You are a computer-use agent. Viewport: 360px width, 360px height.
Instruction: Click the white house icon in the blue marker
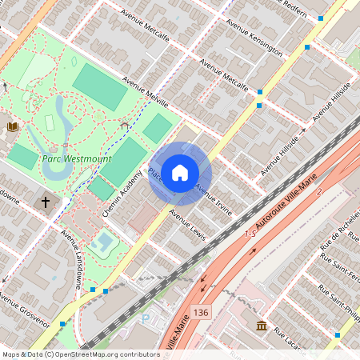(x=180, y=172)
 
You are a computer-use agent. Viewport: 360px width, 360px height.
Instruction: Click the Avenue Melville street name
(x=146, y=92)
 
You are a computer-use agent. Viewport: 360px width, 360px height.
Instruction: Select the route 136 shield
(x=201, y=308)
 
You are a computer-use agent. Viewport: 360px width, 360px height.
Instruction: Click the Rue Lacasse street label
(x=290, y=336)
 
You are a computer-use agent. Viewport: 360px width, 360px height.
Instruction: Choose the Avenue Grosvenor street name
(x=24, y=312)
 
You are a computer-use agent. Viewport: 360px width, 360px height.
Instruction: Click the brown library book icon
(x=13, y=126)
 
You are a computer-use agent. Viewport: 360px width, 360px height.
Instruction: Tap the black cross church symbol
(x=46, y=202)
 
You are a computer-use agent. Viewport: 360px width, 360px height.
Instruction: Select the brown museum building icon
(x=262, y=325)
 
